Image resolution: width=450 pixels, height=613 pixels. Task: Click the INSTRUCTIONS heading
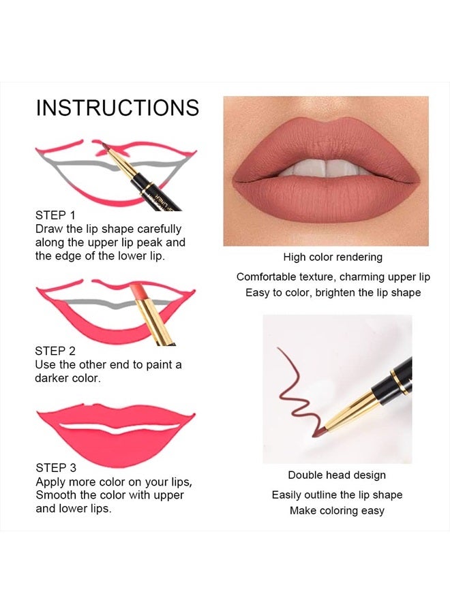pos(117,108)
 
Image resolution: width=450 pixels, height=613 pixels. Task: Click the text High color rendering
pos(333,257)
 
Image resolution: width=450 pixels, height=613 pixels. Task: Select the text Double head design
pos(337,475)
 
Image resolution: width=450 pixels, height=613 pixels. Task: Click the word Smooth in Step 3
pos(57,495)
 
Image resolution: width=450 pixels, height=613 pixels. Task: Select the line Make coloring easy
pos(337,511)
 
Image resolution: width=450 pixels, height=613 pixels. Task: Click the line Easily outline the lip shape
pos(337,495)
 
